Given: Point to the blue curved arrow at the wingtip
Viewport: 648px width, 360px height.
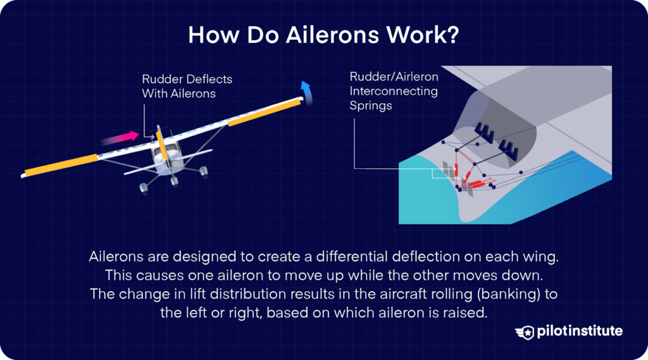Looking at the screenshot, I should click(x=306, y=92).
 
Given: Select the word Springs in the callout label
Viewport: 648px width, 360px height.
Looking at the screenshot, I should click(x=371, y=106).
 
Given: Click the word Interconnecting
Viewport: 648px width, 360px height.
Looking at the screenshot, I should click(x=394, y=91).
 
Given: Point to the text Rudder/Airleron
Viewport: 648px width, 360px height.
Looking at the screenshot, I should click(x=394, y=77).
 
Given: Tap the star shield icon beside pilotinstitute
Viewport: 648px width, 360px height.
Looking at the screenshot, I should click(x=525, y=332).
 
